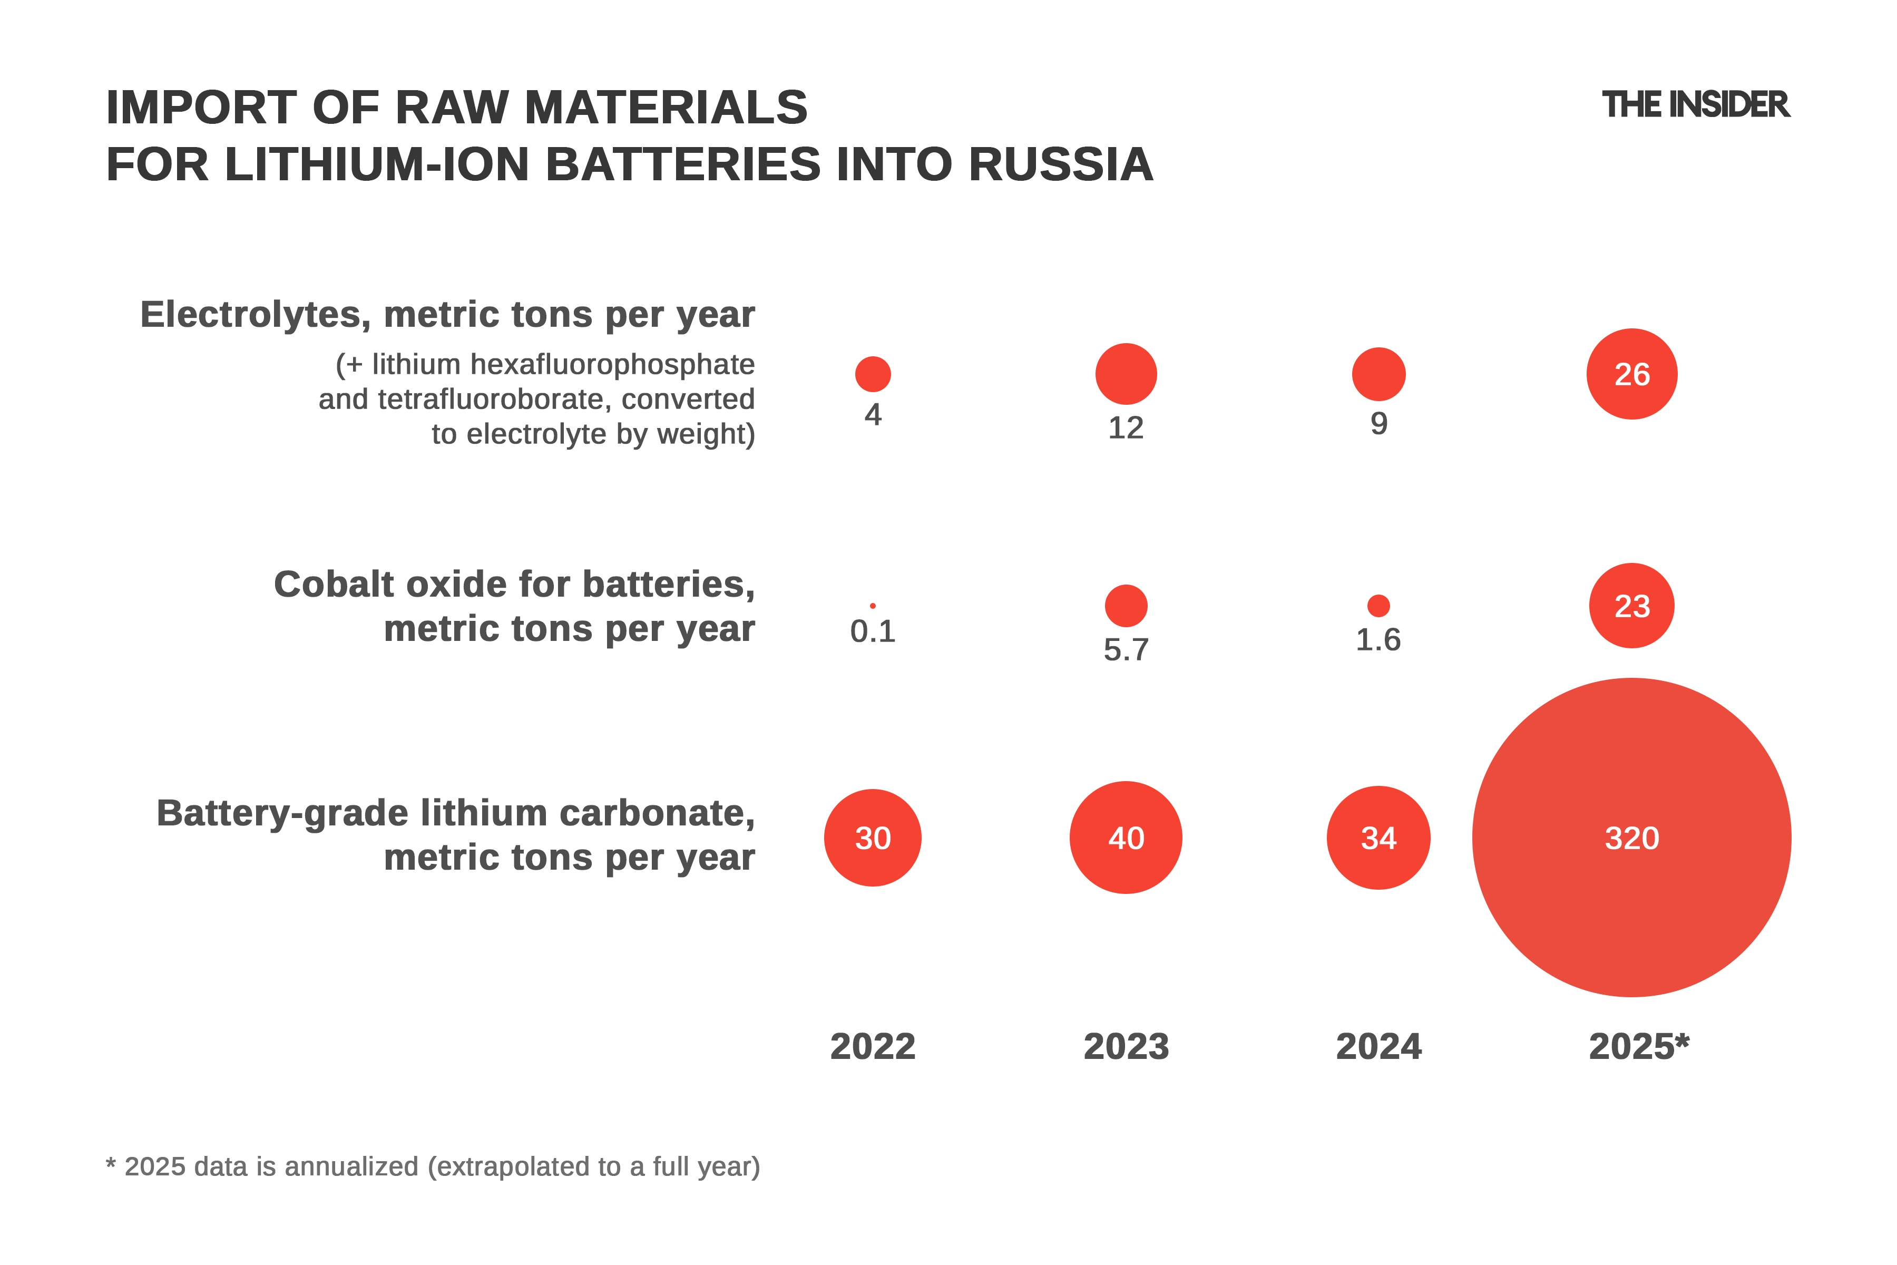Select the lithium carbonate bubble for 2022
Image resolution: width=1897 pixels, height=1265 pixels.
click(x=873, y=838)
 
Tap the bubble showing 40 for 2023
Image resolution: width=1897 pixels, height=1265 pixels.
click(x=1126, y=838)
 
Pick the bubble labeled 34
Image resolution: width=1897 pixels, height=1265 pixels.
click(x=1378, y=838)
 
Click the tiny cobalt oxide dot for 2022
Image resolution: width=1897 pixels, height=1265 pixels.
click(x=873, y=605)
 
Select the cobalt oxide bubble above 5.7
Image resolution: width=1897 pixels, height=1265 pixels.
click(x=1126, y=605)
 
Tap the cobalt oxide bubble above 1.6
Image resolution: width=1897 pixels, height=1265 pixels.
click(x=1378, y=605)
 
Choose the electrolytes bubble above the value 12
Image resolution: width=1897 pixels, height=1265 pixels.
click(x=1126, y=374)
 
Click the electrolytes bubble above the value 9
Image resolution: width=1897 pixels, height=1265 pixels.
click(x=1378, y=374)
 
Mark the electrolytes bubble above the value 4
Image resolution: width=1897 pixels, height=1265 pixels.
click(x=873, y=374)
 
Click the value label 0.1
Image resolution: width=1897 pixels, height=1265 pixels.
click(x=873, y=631)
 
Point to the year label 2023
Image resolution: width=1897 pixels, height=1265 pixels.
click(x=1126, y=1046)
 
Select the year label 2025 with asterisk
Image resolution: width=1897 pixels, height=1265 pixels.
click(x=1639, y=1046)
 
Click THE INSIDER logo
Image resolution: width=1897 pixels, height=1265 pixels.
click(x=1695, y=105)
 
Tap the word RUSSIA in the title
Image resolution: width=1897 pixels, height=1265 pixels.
click(x=1061, y=164)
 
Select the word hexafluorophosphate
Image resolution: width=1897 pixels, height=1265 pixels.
click(x=612, y=365)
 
